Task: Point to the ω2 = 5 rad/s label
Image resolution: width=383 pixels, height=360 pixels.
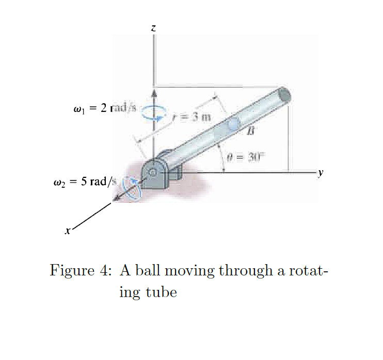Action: click(85, 182)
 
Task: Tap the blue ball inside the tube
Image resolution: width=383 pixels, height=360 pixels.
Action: click(234, 124)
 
